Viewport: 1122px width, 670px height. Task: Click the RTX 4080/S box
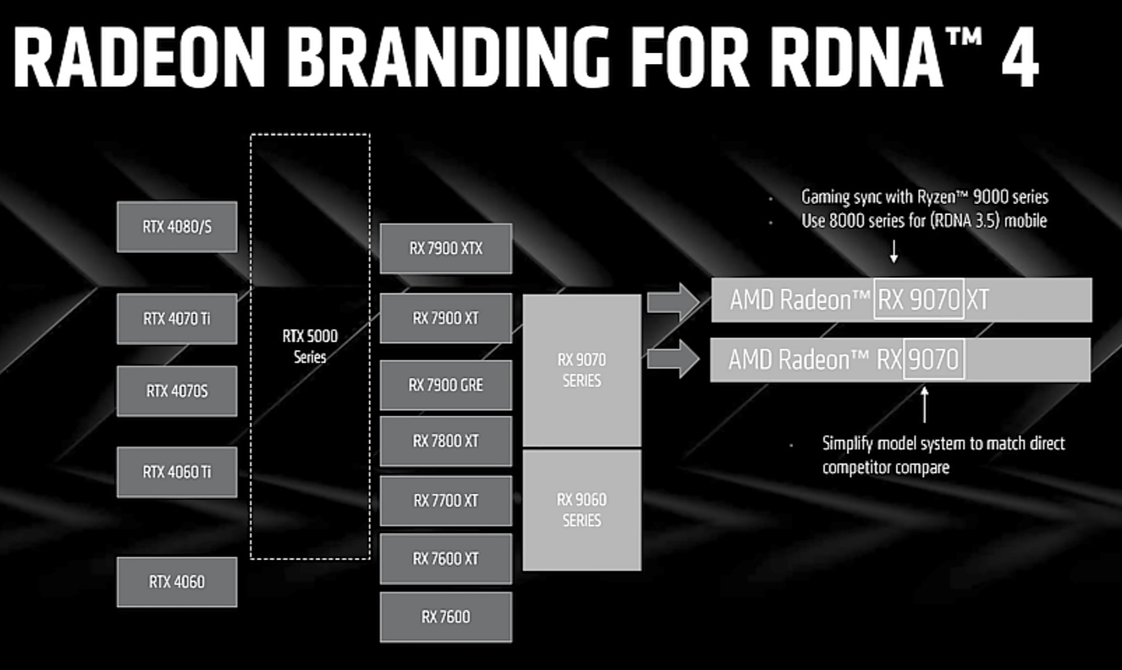pyautogui.click(x=177, y=227)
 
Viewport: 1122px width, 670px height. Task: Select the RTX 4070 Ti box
pyautogui.click(x=177, y=319)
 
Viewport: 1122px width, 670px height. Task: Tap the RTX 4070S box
pyautogui.click(x=177, y=391)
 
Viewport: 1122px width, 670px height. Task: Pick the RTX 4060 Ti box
pyautogui.click(x=177, y=472)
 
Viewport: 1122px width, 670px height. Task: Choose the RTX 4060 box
pyautogui.click(x=177, y=582)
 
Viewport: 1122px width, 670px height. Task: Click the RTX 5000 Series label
pyautogui.click(x=310, y=346)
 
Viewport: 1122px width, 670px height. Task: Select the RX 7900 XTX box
pyautogui.click(x=446, y=249)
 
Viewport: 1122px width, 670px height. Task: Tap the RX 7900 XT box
pyautogui.click(x=446, y=318)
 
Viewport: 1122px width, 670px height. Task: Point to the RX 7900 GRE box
pyautogui.click(x=446, y=385)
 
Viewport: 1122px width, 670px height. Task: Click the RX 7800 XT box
pyautogui.click(x=446, y=441)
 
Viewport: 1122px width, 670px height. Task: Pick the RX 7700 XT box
pyautogui.click(x=446, y=501)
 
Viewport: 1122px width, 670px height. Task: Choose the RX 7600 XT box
pyautogui.click(x=446, y=559)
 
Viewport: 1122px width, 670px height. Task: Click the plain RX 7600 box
pyautogui.click(x=446, y=617)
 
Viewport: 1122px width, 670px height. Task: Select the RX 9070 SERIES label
pyautogui.click(x=582, y=370)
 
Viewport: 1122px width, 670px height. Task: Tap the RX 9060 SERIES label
pyautogui.click(x=582, y=510)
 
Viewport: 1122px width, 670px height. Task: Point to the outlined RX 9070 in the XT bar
pyautogui.click(x=919, y=300)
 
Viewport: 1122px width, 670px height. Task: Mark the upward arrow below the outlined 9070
pyautogui.click(x=924, y=404)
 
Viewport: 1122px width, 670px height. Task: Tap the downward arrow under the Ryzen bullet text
pyautogui.click(x=894, y=251)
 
